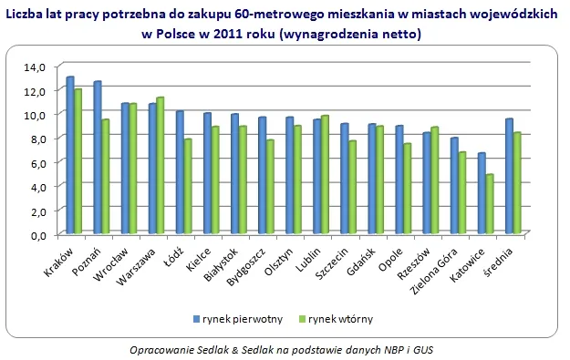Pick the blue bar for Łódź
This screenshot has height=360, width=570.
(x=180, y=172)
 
